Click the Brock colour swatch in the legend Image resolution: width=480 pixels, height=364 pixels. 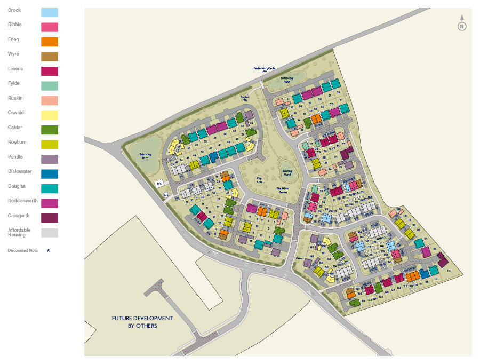pos(50,12)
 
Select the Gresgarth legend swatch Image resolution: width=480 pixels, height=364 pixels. pos(50,218)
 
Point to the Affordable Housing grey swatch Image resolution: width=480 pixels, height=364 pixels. pos(50,232)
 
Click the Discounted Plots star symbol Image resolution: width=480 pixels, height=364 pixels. pos(49,250)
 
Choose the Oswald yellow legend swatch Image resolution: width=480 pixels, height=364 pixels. pos(50,115)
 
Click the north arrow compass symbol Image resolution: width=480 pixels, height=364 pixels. pos(462,25)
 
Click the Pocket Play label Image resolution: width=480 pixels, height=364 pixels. pos(245,98)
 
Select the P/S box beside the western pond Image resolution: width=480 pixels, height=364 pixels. pos(159,184)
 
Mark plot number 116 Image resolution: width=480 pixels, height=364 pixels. pos(449,271)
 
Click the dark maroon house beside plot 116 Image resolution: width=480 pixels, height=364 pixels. pos(443,260)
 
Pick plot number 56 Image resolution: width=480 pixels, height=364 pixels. pos(338,93)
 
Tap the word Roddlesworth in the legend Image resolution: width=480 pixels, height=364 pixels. pos(22,201)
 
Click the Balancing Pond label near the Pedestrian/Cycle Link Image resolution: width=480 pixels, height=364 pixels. pos(287,80)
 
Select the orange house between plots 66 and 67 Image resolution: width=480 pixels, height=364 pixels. pos(316,118)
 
